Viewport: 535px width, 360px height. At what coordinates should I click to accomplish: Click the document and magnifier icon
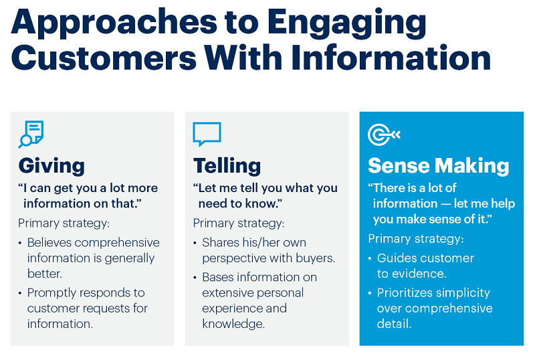click(31, 133)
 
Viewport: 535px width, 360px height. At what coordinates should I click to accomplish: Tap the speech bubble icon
click(206, 133)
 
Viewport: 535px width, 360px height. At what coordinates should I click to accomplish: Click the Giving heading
click(51, 165)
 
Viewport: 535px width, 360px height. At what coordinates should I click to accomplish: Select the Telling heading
click(227, 165)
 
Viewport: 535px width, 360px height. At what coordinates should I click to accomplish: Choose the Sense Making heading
click(439, 165)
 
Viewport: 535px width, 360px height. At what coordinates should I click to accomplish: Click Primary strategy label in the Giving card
click(64, 223)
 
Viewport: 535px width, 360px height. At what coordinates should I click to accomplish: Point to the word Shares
click(221, 242)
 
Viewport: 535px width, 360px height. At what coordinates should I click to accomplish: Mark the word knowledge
click(233, 324)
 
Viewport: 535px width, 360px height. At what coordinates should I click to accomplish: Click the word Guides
click(397, 258)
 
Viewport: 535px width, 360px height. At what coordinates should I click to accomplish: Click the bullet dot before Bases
click(195, 278)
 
